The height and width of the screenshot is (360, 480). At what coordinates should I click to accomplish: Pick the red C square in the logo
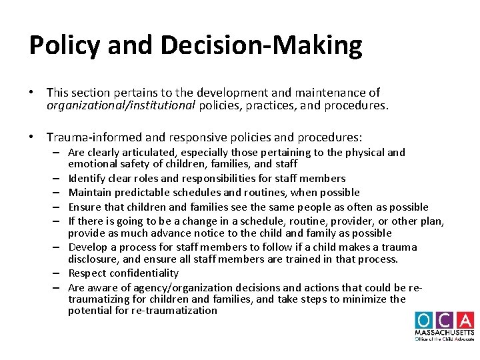pyautogui.click(x=444, y=320)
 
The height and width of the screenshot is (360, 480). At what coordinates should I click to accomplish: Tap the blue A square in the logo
pyautogui.click(x=465, y=320)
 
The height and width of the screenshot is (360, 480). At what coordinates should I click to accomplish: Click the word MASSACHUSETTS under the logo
pyautogui.click(x=444, y=332)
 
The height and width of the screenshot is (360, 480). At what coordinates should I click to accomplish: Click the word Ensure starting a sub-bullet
pyautogui.click(x=83, y=207)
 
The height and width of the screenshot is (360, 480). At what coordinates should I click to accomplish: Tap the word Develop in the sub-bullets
pyautogui.click(x=87, y=247)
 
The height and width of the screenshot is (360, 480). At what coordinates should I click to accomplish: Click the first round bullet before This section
pyautogui.click(x=32, y=93)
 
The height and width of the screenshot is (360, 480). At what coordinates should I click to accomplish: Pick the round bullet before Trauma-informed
pyautogui.click(x=32, y=137)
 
